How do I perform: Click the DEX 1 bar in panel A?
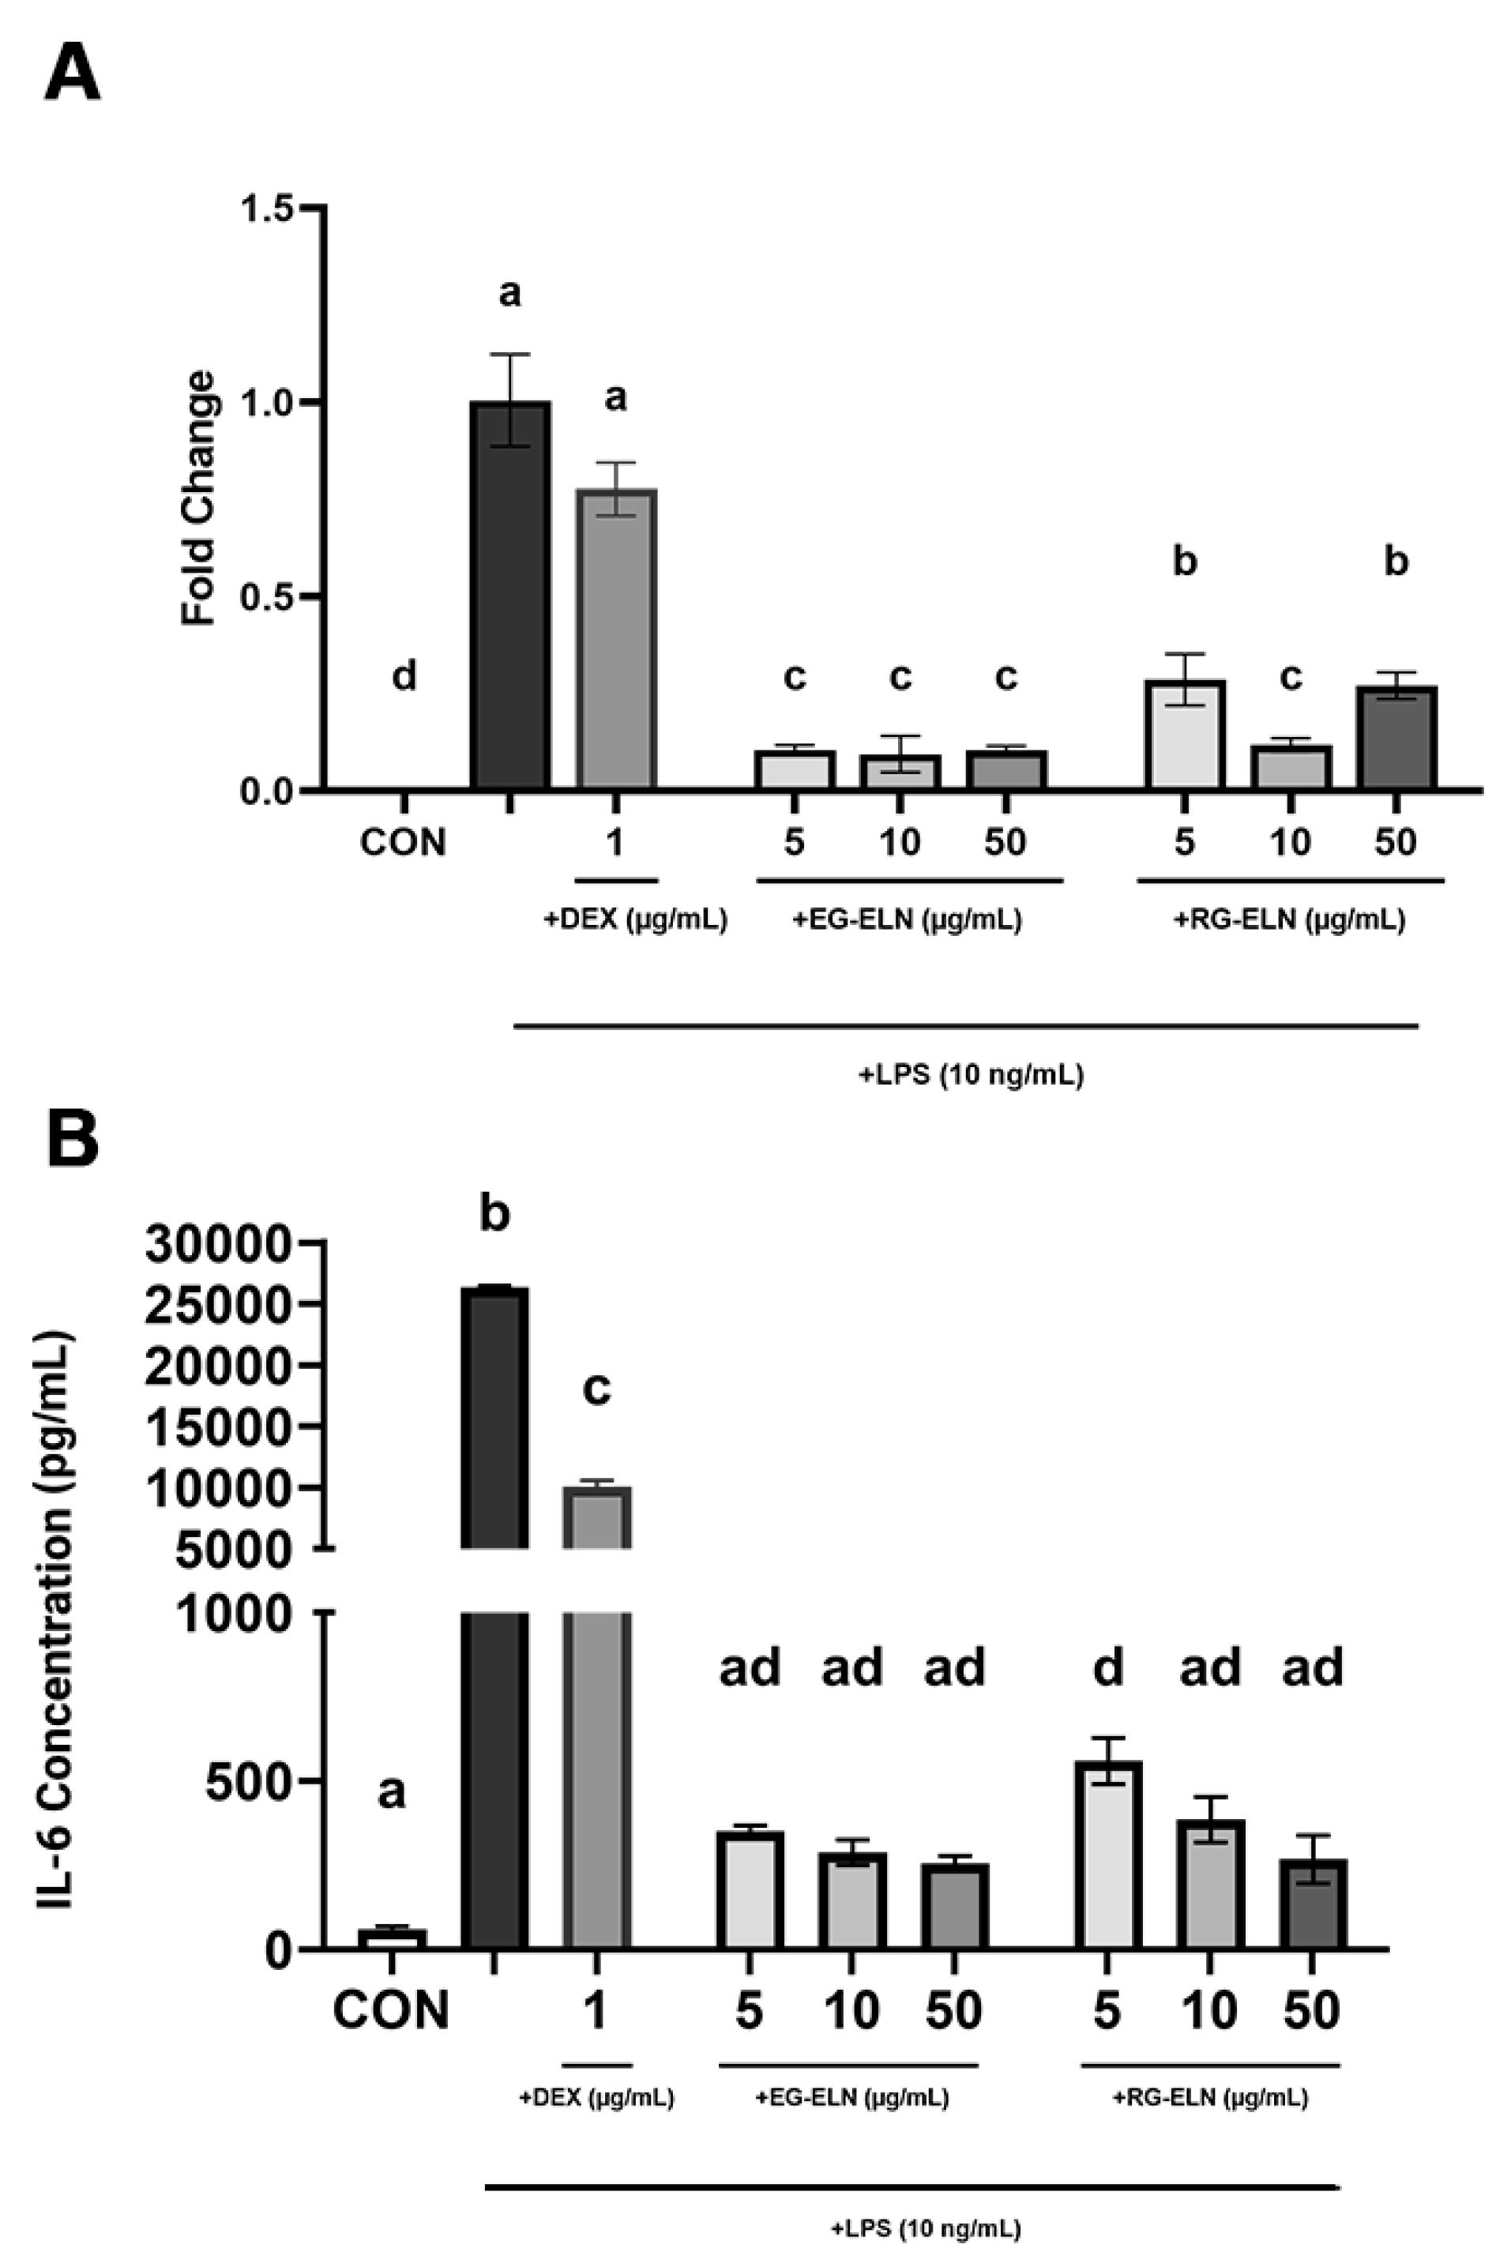point(616,640)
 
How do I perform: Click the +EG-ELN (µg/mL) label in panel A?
point(907,920)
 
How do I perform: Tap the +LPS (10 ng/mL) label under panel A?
point(972,1074)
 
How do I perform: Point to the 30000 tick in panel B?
point(218,1244)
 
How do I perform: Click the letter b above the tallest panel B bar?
point(494,1214)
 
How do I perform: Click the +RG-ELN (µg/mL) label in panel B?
point(1210,2096)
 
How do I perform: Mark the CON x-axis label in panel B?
point(391,2010)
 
